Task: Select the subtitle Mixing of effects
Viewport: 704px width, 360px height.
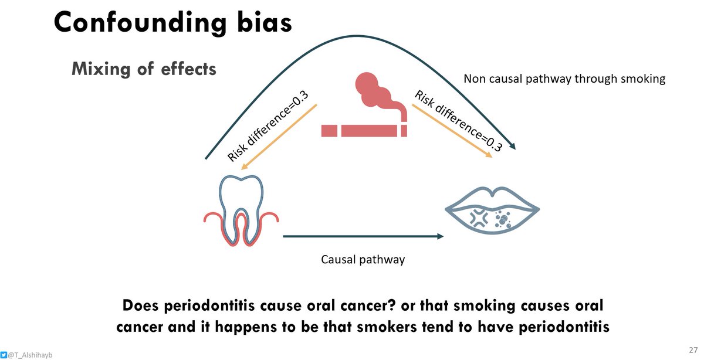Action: (x=144, y=69)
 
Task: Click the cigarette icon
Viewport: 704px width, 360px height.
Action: (x=364, y=130)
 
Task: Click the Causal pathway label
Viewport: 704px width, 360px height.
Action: (x=363, y=259)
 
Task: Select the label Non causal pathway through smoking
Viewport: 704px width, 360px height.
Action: (x=564, y=79)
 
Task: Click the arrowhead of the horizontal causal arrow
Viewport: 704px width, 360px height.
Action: (x=439, y=236)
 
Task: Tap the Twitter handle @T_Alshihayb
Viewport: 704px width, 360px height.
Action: (x=31, y=354)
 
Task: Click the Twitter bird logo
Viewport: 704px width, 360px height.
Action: (x=4, y=354)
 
